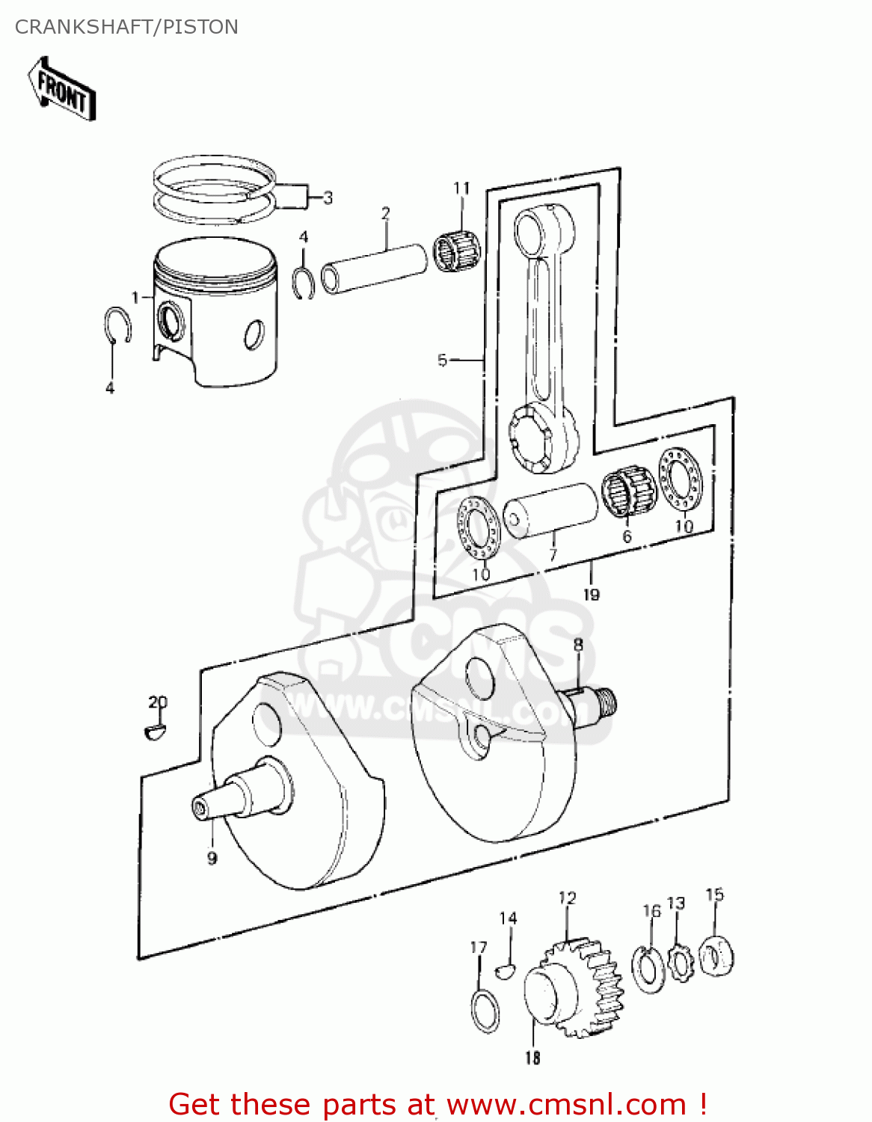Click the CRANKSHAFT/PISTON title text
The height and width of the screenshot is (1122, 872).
point(126,27)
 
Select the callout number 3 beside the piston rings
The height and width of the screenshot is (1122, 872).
point(327,198)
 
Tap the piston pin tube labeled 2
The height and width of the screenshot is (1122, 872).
point(374,268)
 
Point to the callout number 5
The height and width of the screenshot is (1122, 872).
point(443,361)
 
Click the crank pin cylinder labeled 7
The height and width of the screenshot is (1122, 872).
point(550,509)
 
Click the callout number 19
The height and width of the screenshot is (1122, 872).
point(591,595)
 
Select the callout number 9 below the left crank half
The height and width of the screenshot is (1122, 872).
point(212,858)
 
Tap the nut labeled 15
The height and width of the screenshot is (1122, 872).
point(716,956)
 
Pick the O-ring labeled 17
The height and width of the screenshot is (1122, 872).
point(486,1011)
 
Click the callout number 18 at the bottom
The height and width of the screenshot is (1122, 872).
point(532,1058)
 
